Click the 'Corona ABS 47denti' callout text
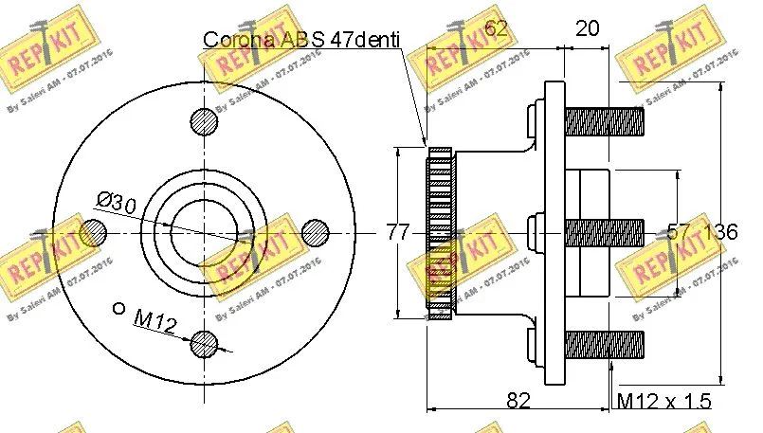click(301, 40)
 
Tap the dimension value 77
click(397, 230)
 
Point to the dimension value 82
click(518, 401)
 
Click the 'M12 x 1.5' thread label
click(663, 402)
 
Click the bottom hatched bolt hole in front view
click(204, 344)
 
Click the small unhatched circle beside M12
click(118, 307)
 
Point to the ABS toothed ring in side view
click(440, 232)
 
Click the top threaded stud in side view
click(605, 120)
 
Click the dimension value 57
click(679, 231)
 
